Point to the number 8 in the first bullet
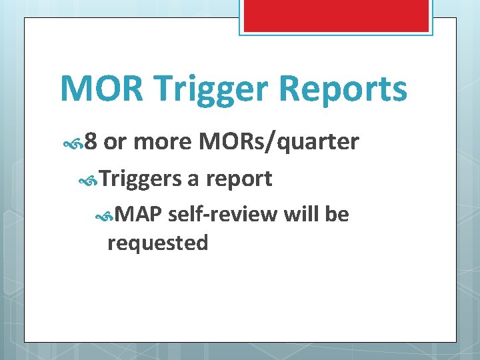(91, 142)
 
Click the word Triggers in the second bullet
(140, 179)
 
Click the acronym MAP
(139, 215)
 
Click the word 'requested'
(158, 243)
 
